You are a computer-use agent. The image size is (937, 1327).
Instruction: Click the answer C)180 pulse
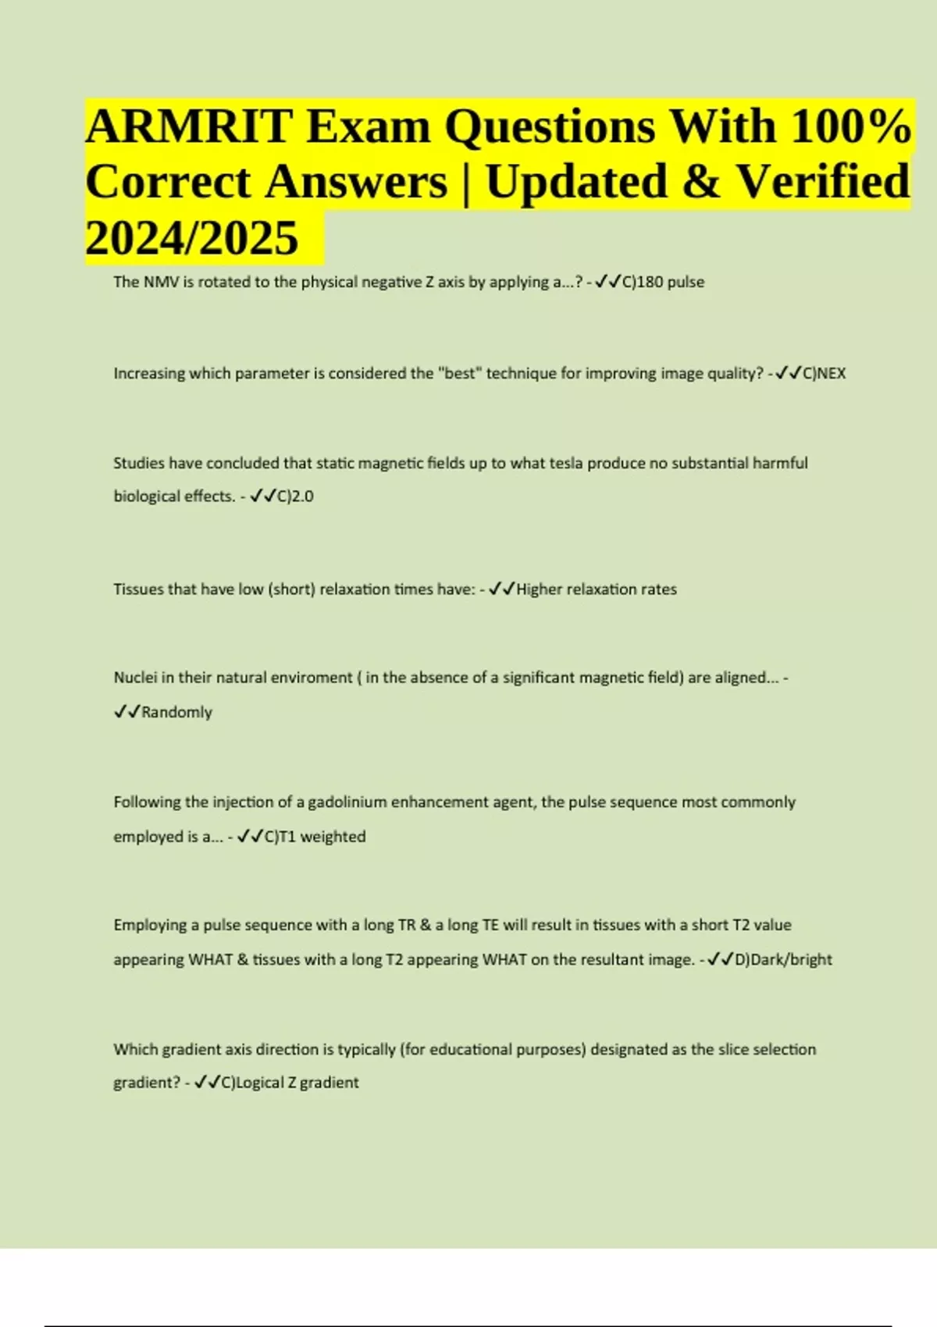(x=663, y=282)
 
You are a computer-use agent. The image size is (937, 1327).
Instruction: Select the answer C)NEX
(x=824, y=373)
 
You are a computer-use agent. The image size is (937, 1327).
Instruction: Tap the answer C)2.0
(x=295, y=496)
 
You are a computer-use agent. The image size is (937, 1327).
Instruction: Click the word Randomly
(x=176, y=712)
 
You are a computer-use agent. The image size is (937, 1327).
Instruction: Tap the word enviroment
(x=311, y=678)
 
